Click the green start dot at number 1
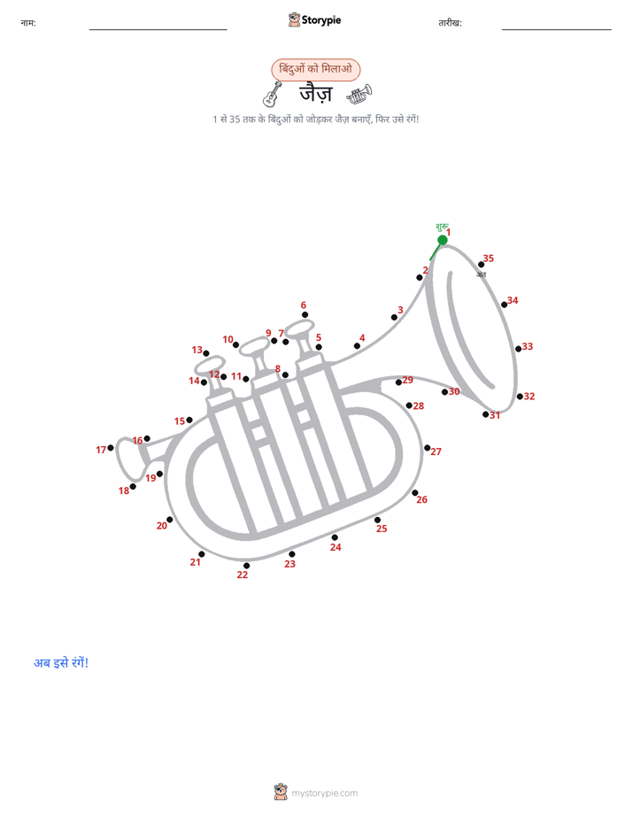point(443,240)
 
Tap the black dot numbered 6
point(304,314)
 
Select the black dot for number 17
point(111,448)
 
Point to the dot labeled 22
point(246,566)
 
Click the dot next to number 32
point(520,397)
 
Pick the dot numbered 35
point(481,265)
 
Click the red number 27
point(435,451)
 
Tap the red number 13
point(197,350)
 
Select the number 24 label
point(335,547)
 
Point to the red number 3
point(400,310)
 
